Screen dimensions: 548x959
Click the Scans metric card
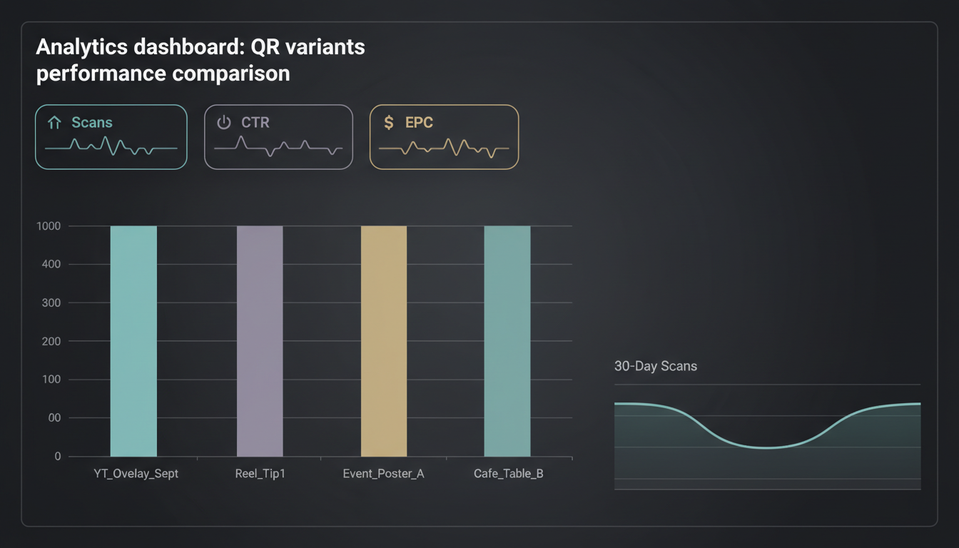111,137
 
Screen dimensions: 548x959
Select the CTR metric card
278,137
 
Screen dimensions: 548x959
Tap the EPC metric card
444,137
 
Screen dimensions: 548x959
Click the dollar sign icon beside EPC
389,123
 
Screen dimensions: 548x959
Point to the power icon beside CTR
224,123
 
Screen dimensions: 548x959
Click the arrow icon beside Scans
54,123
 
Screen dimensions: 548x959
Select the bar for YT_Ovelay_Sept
133,341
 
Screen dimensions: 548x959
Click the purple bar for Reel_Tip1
260,341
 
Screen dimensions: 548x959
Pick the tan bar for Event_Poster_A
384,341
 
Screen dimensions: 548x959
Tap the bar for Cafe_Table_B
507,341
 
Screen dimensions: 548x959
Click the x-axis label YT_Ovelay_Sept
136,474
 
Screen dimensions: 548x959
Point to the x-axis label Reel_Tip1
260,474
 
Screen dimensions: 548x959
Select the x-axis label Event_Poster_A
383,474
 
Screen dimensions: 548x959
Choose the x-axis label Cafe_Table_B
508,474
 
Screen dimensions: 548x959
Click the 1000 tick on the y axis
49,226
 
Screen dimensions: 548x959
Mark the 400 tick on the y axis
51,265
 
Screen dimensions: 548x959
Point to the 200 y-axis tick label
51,341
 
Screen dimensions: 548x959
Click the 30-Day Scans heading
655,366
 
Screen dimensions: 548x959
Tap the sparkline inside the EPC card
444,148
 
